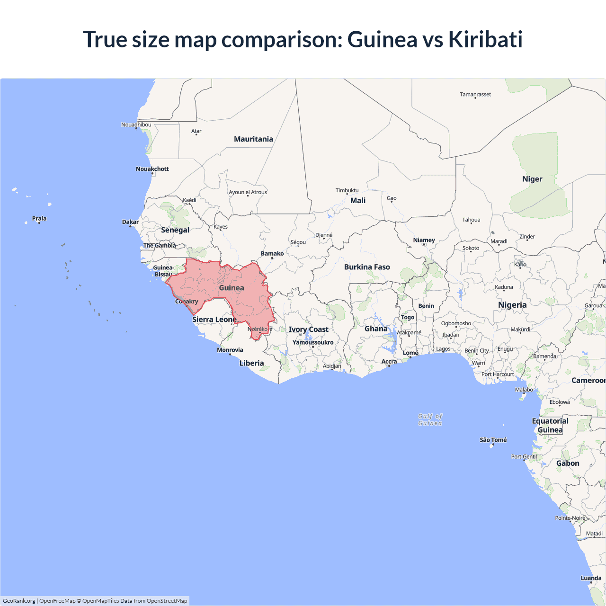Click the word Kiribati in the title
485,39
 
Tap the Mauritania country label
253,139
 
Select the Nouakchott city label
152,169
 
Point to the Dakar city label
130,222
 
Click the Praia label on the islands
39,219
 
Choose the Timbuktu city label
347,190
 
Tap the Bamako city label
272,254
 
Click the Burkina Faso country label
367,267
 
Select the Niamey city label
424,240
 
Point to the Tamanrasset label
475,95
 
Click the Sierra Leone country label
214,320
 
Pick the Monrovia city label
230,350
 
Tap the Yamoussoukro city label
313,342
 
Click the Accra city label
389,362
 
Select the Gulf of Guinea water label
430,419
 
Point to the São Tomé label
493,440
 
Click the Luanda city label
591,578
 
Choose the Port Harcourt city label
498,374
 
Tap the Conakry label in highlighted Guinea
187,302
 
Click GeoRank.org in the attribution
19,601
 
